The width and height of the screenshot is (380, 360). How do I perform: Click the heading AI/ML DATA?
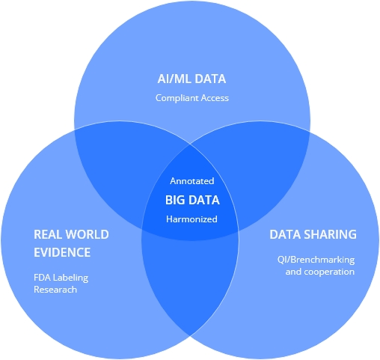(191, 79)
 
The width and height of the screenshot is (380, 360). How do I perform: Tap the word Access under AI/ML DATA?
(215, 98)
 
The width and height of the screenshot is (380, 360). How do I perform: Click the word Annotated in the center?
(192, 181)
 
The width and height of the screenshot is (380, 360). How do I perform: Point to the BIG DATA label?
(192, 200)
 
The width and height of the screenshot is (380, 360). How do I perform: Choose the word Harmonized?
(191, 219)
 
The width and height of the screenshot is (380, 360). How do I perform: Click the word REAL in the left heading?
(47, 234)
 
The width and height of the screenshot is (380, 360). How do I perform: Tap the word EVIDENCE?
(62, 252)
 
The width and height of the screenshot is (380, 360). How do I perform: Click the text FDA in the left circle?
(43, 278)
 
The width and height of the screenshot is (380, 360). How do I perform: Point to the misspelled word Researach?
(55, 290)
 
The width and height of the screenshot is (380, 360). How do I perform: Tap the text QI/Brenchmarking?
(316, 260)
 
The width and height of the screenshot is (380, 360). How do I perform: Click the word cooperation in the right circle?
(329, 272)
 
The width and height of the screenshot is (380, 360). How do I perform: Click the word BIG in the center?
(175, 200)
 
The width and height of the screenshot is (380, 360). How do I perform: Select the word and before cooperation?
(293, 272)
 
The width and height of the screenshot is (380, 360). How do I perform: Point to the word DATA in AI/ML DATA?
(210, 79)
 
